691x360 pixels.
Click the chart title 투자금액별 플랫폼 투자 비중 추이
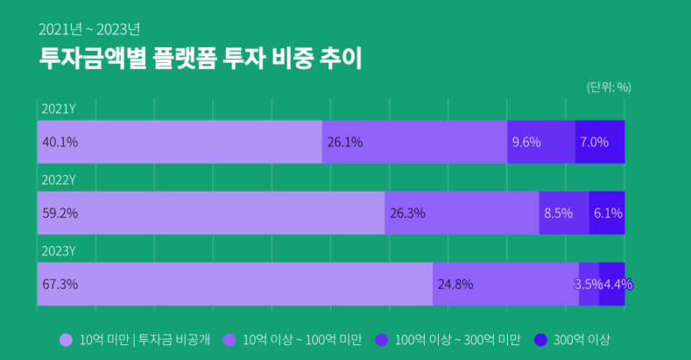coord(201,59)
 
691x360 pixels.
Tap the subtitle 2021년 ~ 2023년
coord(88,28)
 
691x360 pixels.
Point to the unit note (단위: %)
coord(609,87)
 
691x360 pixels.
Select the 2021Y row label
coord(59,109)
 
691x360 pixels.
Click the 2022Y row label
coord(59,180)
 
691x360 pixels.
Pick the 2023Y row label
coord(59,251)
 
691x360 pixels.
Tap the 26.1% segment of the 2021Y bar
coord(414,142)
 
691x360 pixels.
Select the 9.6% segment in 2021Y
coord(540,142)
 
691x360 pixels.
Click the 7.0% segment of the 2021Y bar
coord(600,142)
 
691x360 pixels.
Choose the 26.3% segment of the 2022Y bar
coord(462,213)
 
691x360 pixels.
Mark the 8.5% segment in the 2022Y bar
coord(564,213)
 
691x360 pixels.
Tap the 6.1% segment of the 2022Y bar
coord(607,213)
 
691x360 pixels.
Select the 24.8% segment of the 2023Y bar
coord(505,284)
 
